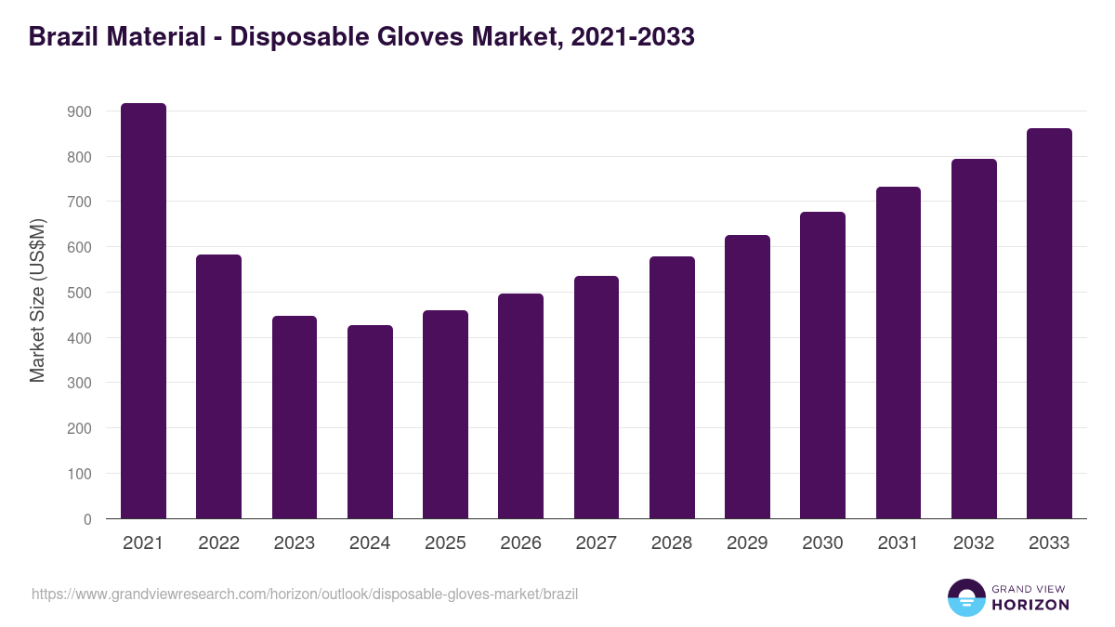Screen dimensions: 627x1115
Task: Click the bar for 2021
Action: (x=143, y=311)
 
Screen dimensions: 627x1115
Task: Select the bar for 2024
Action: (x=370, y=422)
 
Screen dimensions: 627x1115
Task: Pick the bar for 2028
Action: (x=672, y=387)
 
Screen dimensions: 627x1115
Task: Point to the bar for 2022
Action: (x=218, y=386)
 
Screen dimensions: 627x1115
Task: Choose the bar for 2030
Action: (x=822, y=365)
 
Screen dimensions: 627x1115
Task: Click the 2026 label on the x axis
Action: (x=520, y=543)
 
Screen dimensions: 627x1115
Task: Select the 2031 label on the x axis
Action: (x=898, y=543)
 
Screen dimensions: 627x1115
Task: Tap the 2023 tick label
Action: (x=294, y=543)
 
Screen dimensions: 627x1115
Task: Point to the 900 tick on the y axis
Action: (x=80, y=111)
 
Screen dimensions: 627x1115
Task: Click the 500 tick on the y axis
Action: (x=80, y=293)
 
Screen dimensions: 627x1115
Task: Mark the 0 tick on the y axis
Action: (x=87, y=519)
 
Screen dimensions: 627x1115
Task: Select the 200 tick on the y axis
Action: (x=80, y=428)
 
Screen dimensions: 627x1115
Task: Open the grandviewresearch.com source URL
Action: (x=305, y=594)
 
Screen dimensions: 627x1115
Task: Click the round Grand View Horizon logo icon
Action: (x=965, y=598)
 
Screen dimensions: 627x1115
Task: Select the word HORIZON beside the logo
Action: (x=1031, y=605)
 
